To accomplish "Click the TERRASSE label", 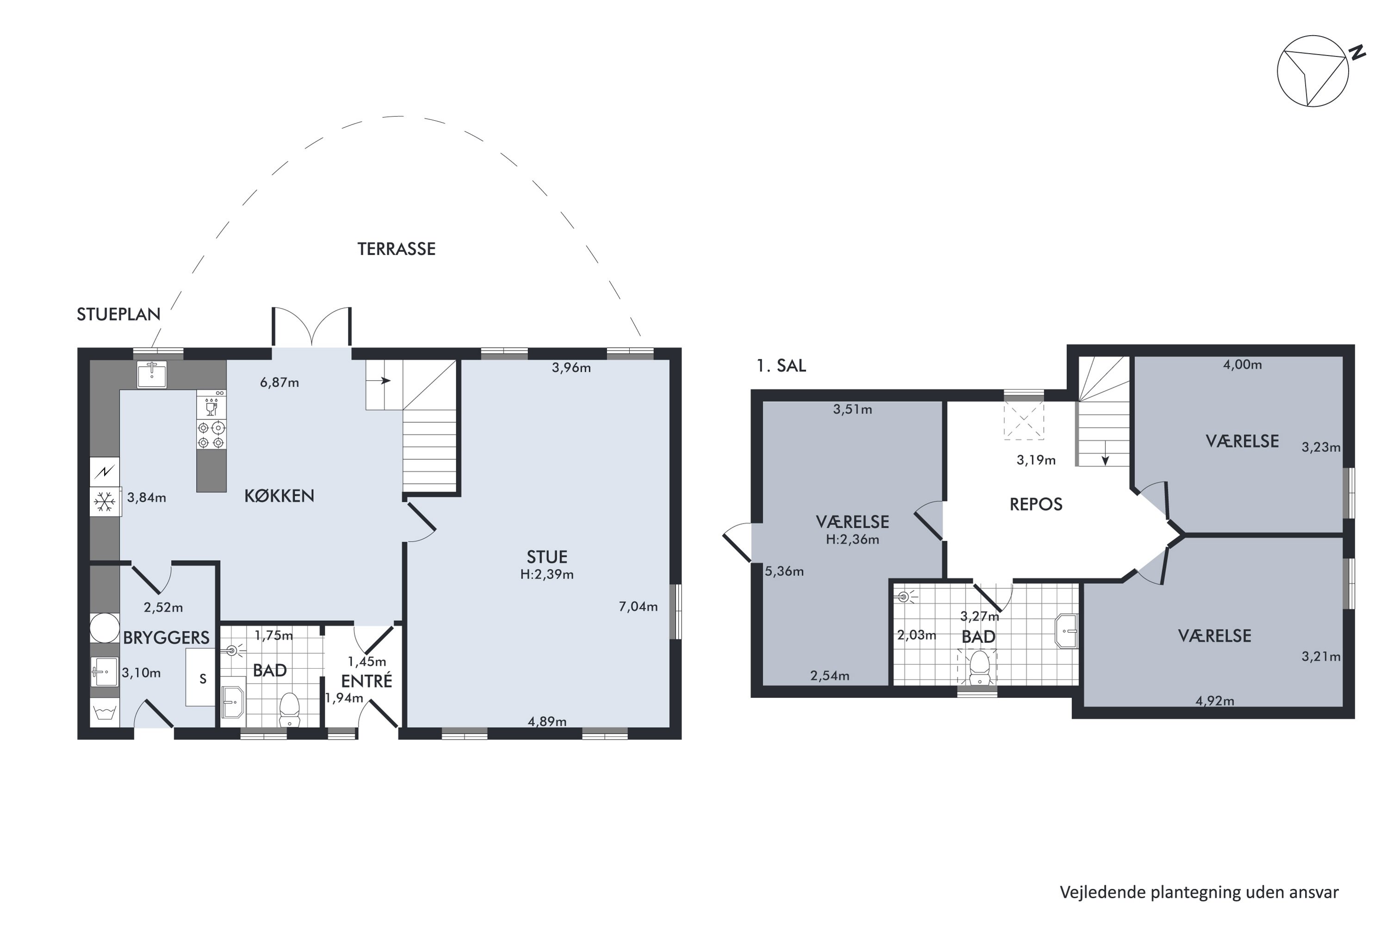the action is (x=397, y=249).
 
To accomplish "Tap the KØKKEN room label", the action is (x=279, y=495).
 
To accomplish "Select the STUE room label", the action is (x=547, y=557).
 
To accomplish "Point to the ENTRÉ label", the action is (x=366, y=681).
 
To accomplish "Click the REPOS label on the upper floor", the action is (x=1036, y=505).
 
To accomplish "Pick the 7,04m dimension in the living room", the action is (x=638, y=606).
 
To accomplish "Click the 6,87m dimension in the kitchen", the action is (x=279, y=382).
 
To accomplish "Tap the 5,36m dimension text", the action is (x=784, y=571).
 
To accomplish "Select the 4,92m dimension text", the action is (x=1214, y=701).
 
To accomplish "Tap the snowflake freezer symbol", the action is (x=105, y=502).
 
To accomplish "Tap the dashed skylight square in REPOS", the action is (x=1024, y=420).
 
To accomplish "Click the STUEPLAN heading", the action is (x=118, y=314).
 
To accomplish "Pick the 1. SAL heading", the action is (x=781, y=366).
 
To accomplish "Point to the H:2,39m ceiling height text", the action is (x=547, y=574).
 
